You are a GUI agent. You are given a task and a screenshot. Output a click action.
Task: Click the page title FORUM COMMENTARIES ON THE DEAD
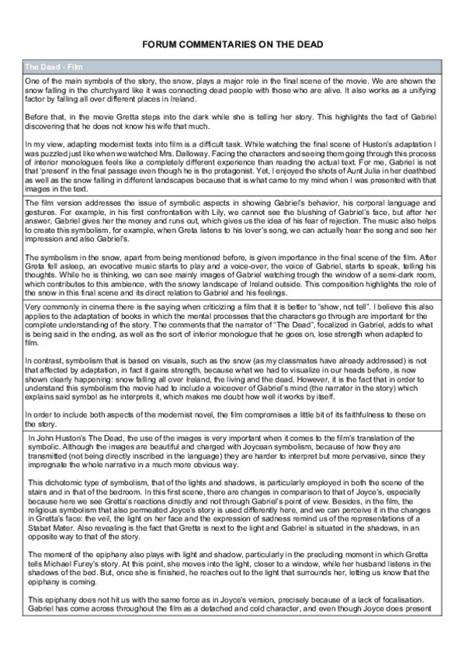(x=232, y=47)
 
